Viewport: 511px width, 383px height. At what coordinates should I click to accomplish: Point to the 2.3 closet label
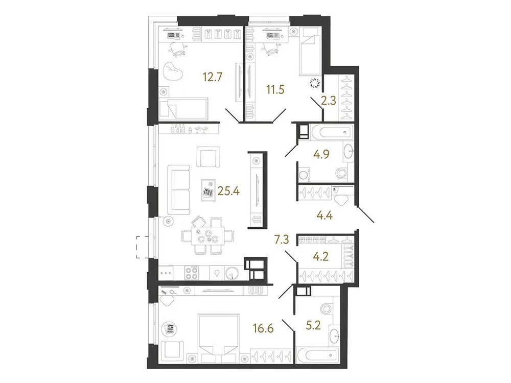(x=328, y=101)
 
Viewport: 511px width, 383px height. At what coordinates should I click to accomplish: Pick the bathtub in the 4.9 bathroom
(x=331, y=132)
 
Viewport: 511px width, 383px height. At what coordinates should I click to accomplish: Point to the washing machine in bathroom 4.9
(x=306, y=175)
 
